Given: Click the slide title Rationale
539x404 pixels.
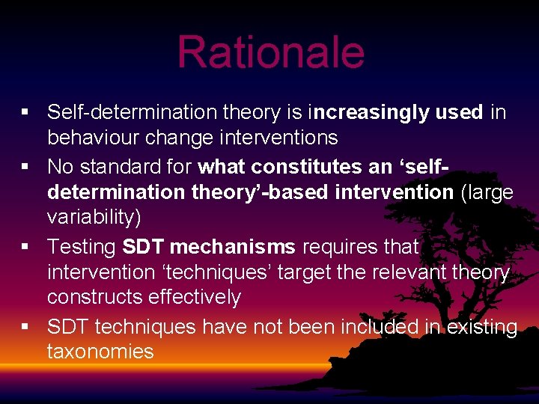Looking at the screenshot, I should pyautogui.click(x=270, y=52).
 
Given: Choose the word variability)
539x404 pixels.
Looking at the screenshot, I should pyautogui.click(x=94, y=218).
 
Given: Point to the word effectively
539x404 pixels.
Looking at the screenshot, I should pyautogui.click(x=196, y=298).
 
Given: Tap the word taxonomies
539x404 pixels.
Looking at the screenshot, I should pyautogui.click(x=100, y=352).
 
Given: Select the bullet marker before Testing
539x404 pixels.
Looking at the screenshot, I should pyautogui.click(x=25, y=245).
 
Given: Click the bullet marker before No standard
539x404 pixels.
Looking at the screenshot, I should pyautogui.click(x=25, y=165).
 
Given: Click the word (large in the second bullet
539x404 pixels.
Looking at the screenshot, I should pyautogui.click(x=487, y=192).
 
